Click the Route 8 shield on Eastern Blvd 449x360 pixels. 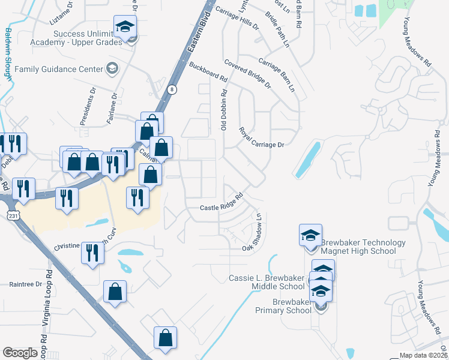pyautogui.click(x=172, y=89)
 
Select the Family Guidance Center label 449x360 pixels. pyautogui.click(x=59, y=69)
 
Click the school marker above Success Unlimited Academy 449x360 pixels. pyautogui.click(x=125, y=27)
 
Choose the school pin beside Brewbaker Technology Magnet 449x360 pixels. pyautogui.click(x=310, y=235)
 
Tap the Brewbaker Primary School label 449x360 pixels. pyautogui.click(x=283, y=306)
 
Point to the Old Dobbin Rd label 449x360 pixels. pyautogui.click(x=224, y=110)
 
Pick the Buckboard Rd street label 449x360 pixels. pyautogui.click(x=208, y=71)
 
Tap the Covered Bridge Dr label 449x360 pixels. pyautogui.click(x=247, y=74)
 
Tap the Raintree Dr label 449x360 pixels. pyautogui.click(x=26, y=284)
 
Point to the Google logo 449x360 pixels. pyautogui.click(x=20, y=352)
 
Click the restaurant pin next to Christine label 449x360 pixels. pyautogui.click(x=92, y=252)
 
